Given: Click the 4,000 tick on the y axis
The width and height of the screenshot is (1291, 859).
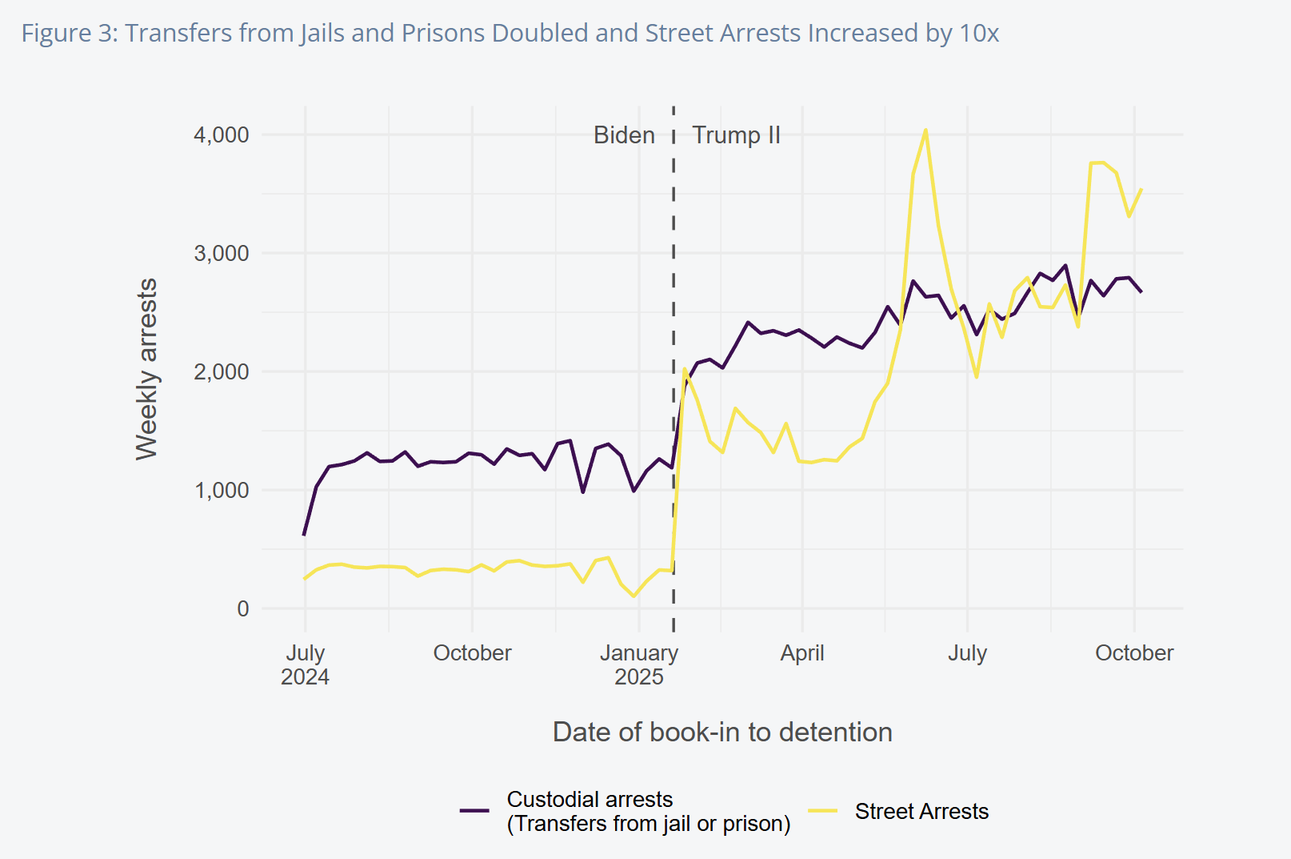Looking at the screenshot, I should (221, 134).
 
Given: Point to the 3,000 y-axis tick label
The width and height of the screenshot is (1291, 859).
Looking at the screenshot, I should (221, 253).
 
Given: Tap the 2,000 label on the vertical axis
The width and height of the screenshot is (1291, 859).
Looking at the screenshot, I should (221, 371).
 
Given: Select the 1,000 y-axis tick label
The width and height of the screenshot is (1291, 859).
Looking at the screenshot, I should (221, 490).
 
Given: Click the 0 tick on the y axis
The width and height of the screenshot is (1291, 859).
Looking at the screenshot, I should (243, 608).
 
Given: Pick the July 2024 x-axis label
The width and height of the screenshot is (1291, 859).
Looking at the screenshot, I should (305, 664).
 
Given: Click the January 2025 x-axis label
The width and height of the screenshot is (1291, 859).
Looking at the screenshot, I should (639, 664).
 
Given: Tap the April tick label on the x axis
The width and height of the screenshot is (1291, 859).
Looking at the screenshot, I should (802, 653).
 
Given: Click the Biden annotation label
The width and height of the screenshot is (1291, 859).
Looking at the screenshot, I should (624, 135).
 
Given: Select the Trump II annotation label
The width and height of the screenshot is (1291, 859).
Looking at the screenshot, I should (736, 135).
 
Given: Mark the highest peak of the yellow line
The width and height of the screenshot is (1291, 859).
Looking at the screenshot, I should (925, 130).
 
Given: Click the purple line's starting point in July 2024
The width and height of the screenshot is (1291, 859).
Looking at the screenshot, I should (304, 534).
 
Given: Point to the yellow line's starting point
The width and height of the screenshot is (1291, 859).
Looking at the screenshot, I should (305, 578).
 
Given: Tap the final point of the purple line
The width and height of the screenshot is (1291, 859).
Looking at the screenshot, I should (1141, 291).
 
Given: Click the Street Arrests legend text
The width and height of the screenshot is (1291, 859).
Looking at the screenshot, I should (921, 811).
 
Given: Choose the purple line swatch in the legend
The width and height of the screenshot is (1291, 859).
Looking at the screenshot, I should (474, 811).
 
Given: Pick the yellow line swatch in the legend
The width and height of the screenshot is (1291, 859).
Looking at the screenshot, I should (822, 811).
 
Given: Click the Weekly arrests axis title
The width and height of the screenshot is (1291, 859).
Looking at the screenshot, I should (146, 369).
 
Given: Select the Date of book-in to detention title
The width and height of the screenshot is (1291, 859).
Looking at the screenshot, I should (722, 732).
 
